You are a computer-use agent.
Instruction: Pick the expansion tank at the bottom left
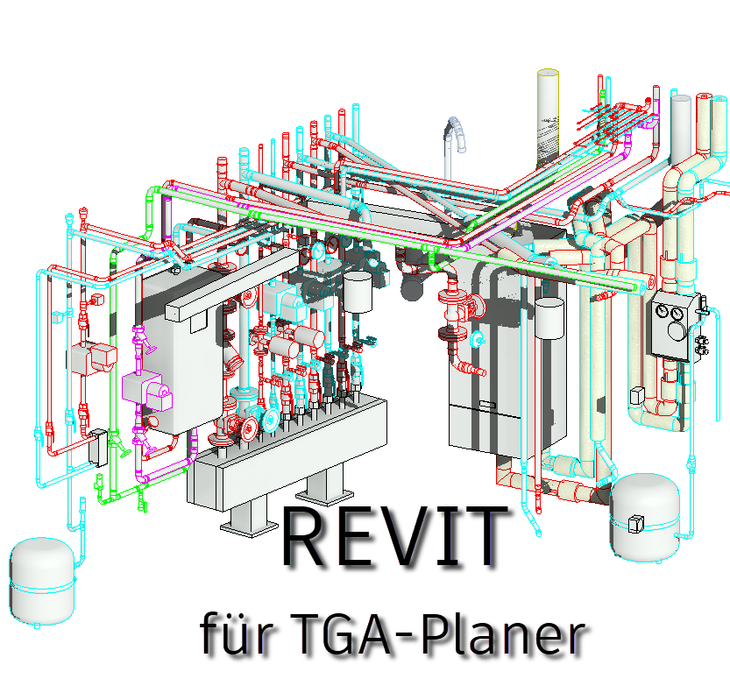tap(41, 582)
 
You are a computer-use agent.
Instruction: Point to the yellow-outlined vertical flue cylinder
tap(548, 117)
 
